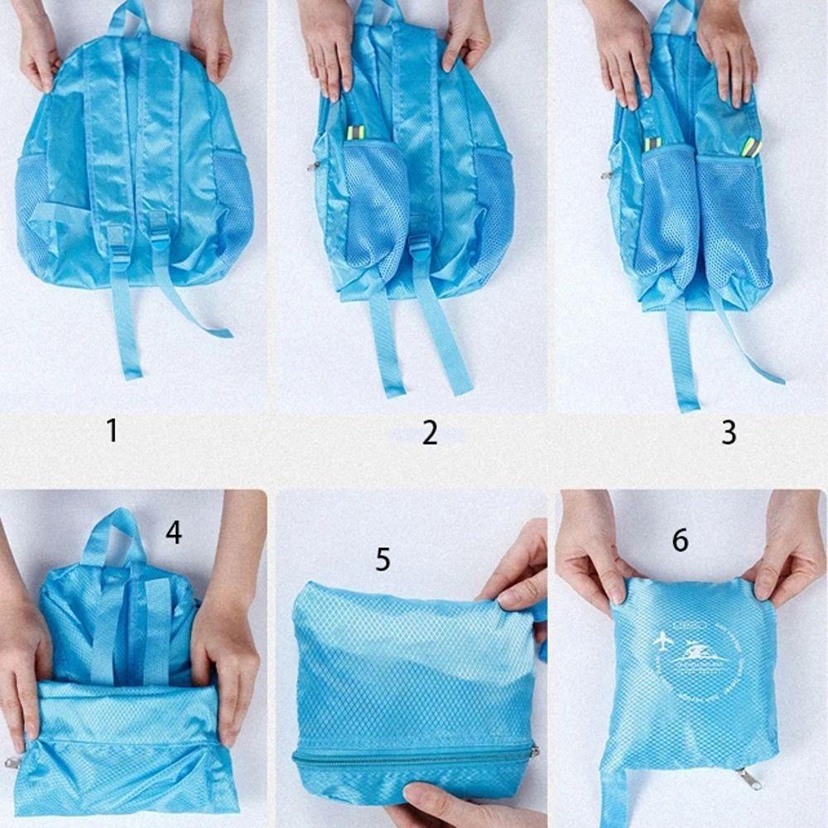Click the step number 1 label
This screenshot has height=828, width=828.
pos(112,431)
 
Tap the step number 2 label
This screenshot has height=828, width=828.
pos(429,432)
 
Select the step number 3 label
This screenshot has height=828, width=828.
pos(729,432)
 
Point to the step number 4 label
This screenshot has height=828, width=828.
pos(173,532)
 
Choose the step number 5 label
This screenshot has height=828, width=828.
pos(383,559)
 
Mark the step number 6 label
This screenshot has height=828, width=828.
pos(680,540)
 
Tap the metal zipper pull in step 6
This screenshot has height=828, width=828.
pos(749,778)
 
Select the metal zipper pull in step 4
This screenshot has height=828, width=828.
pos(12,763)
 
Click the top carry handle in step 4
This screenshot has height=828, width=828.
pos(113,530)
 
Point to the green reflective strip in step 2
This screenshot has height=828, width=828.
pos(355,132)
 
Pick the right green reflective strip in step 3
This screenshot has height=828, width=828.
pos(751,147)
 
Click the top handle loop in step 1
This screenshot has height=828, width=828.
pos(128,17)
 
